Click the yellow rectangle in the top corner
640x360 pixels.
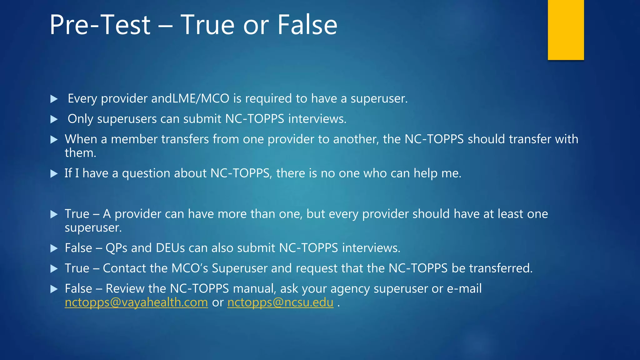click(x=566, y=30)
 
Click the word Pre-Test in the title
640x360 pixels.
click(x=100, y=25)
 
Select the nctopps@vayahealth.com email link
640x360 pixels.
click(x=136, y=302)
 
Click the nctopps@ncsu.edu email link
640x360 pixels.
click(x=280, y=302)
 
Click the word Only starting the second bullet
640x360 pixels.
click(x=80, y=119)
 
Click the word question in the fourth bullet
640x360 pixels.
click(x=146, y=173)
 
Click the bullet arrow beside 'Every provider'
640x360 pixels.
click(x=54, y=99)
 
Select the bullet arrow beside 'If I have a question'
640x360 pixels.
click(x=54, y=174)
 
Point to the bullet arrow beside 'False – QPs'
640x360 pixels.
click(x=54, y=248)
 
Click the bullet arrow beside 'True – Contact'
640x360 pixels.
click(x=54, y=269)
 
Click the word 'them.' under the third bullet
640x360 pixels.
click(x=80, y=153)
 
